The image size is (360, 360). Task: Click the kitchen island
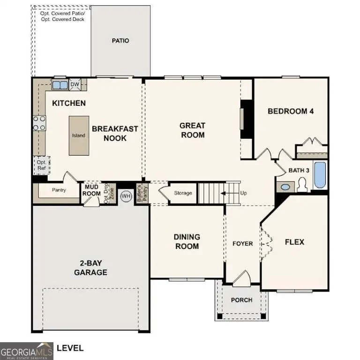point(78,135)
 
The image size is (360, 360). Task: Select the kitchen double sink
point(60,85)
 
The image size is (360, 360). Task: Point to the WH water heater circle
point(126,196)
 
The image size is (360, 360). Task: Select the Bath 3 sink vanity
point(285,187)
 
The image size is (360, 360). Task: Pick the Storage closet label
point(183,193)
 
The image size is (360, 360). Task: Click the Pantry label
point(59,190)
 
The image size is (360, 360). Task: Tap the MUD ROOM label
point(92,190)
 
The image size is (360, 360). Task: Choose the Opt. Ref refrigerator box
point(41,165)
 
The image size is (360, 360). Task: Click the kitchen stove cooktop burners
point(39,123)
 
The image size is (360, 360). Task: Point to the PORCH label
point(242,300)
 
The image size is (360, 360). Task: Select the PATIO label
point(120,41)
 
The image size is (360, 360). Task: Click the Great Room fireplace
point(246,119)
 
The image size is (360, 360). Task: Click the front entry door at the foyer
point(242,279)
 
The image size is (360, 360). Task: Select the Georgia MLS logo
point(27,351)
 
